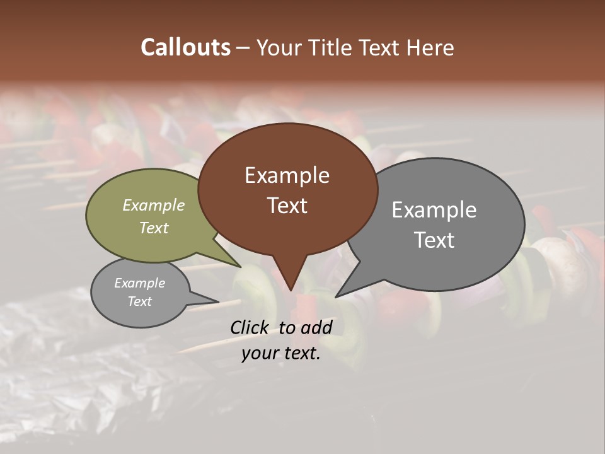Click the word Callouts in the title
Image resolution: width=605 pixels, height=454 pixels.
[x=185, y=47]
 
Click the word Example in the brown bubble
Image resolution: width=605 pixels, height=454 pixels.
[x=287, y=175]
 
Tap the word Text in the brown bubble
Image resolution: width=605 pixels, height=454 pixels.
[x=287, y=206]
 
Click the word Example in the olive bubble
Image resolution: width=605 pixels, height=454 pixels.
[x=154, y=205]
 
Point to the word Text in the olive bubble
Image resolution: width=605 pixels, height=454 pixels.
[x=154, y=228]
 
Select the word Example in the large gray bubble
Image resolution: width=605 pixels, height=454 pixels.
[x=434, y=210]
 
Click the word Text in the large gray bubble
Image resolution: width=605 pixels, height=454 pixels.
[x=434, y=240]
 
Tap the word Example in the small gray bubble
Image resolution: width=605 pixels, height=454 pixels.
[x=139, y=283]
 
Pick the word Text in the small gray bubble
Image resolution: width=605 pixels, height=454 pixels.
[x=139, y=301]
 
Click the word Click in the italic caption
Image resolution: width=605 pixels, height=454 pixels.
[x=251, y=327]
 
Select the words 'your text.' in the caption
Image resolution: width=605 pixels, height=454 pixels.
[x=281, y=353]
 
